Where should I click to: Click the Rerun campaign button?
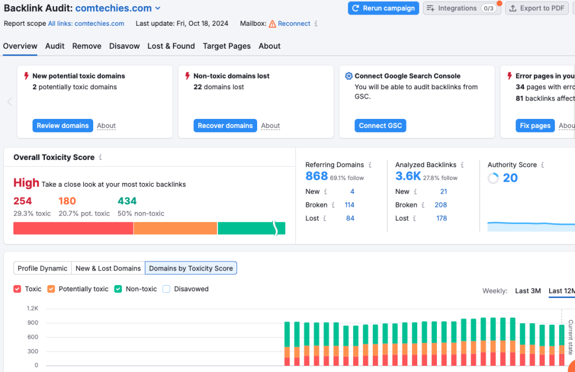pos(384,8)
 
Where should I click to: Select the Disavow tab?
pos(124,46)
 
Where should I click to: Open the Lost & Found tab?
pos(171,46)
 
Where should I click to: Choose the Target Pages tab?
pos(226,46)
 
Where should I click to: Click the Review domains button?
pos(62,126)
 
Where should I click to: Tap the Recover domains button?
pos(225,126)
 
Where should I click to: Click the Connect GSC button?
pos(380,126)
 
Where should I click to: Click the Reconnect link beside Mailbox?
pos(294,24)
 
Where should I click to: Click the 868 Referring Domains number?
pos(316,176)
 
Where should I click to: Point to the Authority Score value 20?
pos(510,178)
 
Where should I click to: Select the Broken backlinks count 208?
pos(441,205)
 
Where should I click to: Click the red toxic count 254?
pos(22,201)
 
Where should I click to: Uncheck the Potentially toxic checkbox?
pos(51,289)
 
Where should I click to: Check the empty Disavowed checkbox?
pos(166,289)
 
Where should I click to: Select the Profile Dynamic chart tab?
pos(43,268)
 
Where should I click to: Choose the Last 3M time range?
pos(528,291)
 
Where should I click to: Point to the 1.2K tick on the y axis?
pos(33,309)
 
